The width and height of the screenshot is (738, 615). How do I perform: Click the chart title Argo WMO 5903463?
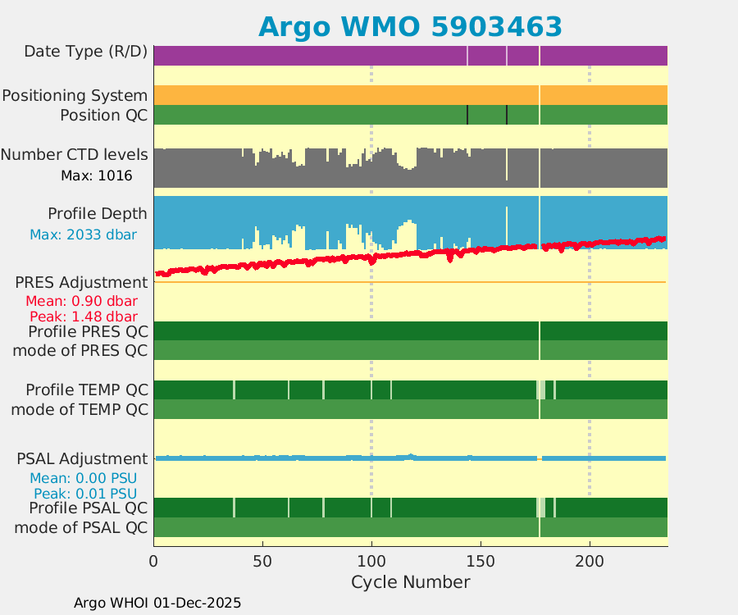point(410,26)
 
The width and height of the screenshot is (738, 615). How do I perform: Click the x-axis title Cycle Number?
point(410,582)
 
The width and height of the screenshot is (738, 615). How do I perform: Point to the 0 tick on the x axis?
point(154,562)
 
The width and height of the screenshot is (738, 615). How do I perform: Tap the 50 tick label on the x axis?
point(262,562)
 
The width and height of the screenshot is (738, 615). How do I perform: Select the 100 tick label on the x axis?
point(371,562)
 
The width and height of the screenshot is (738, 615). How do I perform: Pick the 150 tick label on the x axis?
point(481,562)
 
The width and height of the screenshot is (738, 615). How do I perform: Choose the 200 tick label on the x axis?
point(590,562)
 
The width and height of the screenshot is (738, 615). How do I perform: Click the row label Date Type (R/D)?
point(85,52)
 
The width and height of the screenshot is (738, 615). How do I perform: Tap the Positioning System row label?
point(75,96)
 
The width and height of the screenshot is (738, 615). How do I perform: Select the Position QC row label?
point(103,116)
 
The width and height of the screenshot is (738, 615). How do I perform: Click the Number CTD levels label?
point(75,155)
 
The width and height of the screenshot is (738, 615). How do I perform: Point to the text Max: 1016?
point(96,175)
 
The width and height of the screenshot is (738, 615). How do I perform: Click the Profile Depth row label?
point(98,214)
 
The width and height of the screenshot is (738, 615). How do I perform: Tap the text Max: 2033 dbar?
point(83,235)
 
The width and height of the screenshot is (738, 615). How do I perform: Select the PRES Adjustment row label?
point(81,283)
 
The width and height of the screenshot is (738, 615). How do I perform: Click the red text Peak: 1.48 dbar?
point(83,317)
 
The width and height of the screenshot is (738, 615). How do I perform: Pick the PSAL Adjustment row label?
point(82,458)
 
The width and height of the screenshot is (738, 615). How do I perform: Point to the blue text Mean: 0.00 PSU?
point(83,478)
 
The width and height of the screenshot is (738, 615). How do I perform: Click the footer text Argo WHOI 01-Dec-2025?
point(157,603)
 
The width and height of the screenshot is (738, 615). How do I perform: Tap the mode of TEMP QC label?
point(80,409)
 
